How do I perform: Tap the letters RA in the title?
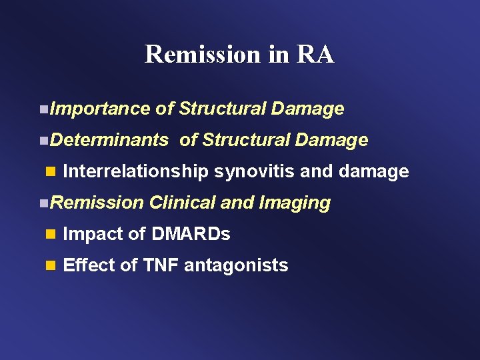pyautogui.click(x=316, y=54)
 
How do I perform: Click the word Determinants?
pyautogui.click(x=109, y=140)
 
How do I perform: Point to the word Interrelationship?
pyautogui.click(x=135, y=171)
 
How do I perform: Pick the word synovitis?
pyautogui.click(x=255, y=171)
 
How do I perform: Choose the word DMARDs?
pyautogui.click(x=191, y=234)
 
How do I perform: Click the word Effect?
pyautogui.click(x=89, y=265)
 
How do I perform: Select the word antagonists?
pyautogui.click(x=236, y=265)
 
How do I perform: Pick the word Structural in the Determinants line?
pyautogui.click(x=243, y=140)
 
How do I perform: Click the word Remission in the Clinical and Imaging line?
pyautogui.click(x=97, y=203)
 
